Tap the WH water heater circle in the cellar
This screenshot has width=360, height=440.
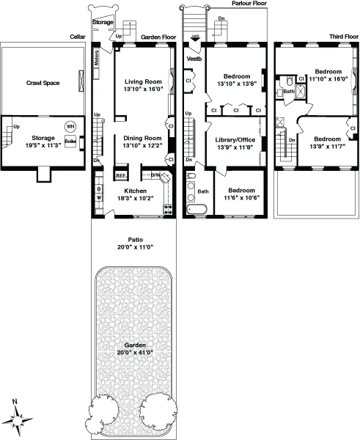(70, 127)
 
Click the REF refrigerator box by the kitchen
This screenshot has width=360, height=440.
(121, 175)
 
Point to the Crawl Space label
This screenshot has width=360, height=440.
(43, 83)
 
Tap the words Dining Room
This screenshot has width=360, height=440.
(142, 138)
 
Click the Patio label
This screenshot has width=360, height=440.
(133, 240)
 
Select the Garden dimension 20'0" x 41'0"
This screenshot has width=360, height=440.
(133, 353)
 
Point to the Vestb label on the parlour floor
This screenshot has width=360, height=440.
(194, 58)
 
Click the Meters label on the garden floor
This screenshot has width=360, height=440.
(96, 56)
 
